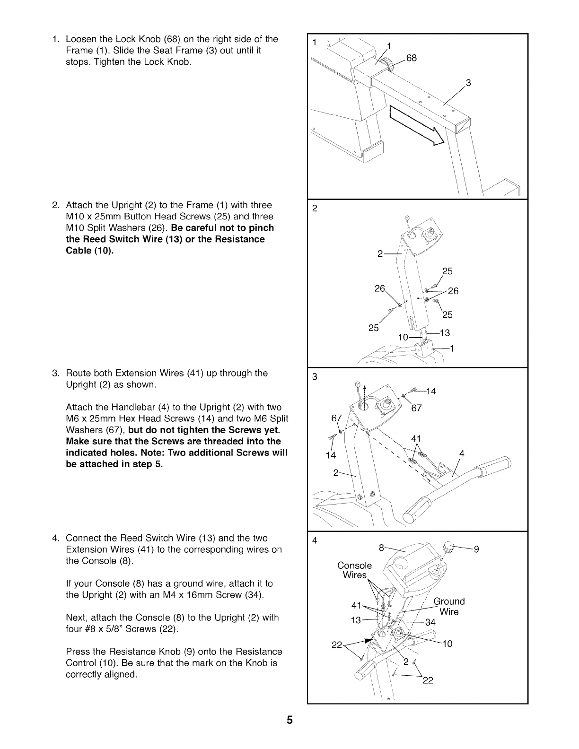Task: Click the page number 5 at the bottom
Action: point(289,720)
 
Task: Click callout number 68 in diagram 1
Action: point(412,58)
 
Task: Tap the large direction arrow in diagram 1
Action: point(417,125)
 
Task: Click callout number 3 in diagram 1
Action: point(468,83)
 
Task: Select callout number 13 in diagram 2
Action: point(445,333)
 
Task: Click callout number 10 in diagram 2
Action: point(403,337)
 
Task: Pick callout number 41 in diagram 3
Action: point(416,438)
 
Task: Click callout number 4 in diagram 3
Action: point(462,454)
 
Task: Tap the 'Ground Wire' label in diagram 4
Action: point(449,607)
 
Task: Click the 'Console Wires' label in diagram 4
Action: point(354,570)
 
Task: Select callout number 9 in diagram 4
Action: point(476,549)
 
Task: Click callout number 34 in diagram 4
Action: point(430,622)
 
